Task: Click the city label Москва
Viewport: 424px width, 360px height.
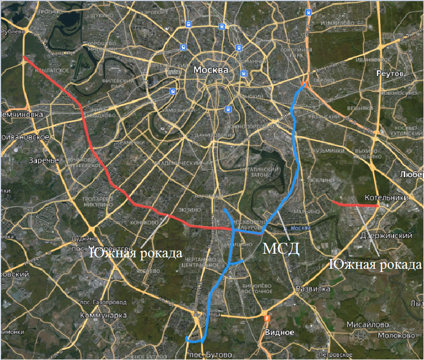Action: click(211, 70)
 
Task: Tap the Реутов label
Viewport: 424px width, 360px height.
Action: click(390, 74)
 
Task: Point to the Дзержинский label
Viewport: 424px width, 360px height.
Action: click(382, 236)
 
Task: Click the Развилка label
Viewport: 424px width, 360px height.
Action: click(313, 289)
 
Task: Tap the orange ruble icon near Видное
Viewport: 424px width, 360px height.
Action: click(266, 317)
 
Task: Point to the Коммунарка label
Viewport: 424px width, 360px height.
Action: click(104, 315)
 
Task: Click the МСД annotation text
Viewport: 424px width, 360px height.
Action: click(281, 249)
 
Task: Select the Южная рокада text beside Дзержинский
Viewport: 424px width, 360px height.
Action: click(376, 265)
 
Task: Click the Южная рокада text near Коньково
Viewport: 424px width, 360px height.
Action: click(135, 254)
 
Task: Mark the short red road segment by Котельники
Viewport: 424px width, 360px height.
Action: click(354, 204)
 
